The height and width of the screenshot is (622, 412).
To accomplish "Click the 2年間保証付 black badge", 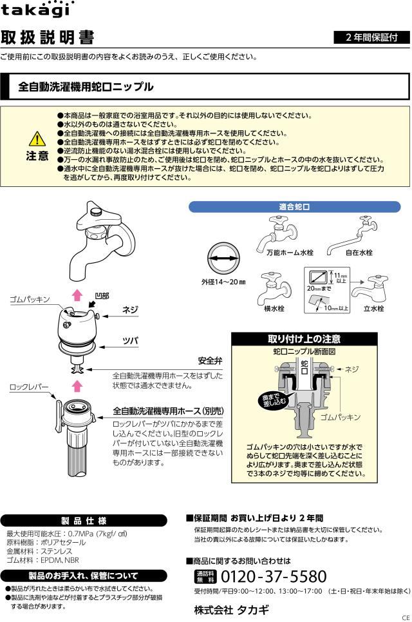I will [371, 37].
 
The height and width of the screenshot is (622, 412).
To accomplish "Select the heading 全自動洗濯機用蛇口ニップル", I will [86, 86].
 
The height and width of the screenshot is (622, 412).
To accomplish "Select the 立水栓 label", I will [373, 309].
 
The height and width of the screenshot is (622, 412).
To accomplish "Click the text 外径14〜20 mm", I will [223, 282].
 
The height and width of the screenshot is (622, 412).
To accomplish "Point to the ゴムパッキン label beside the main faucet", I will [30, 300].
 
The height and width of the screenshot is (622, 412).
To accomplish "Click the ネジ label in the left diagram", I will [131, 310].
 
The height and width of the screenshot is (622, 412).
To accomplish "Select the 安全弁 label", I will [211, 361].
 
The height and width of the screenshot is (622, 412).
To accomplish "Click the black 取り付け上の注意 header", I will [304, 339].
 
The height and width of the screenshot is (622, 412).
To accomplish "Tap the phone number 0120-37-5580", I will [274, 576].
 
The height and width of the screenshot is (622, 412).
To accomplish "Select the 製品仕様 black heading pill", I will [84, 520].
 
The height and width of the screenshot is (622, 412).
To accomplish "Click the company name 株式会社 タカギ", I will [232, 609].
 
